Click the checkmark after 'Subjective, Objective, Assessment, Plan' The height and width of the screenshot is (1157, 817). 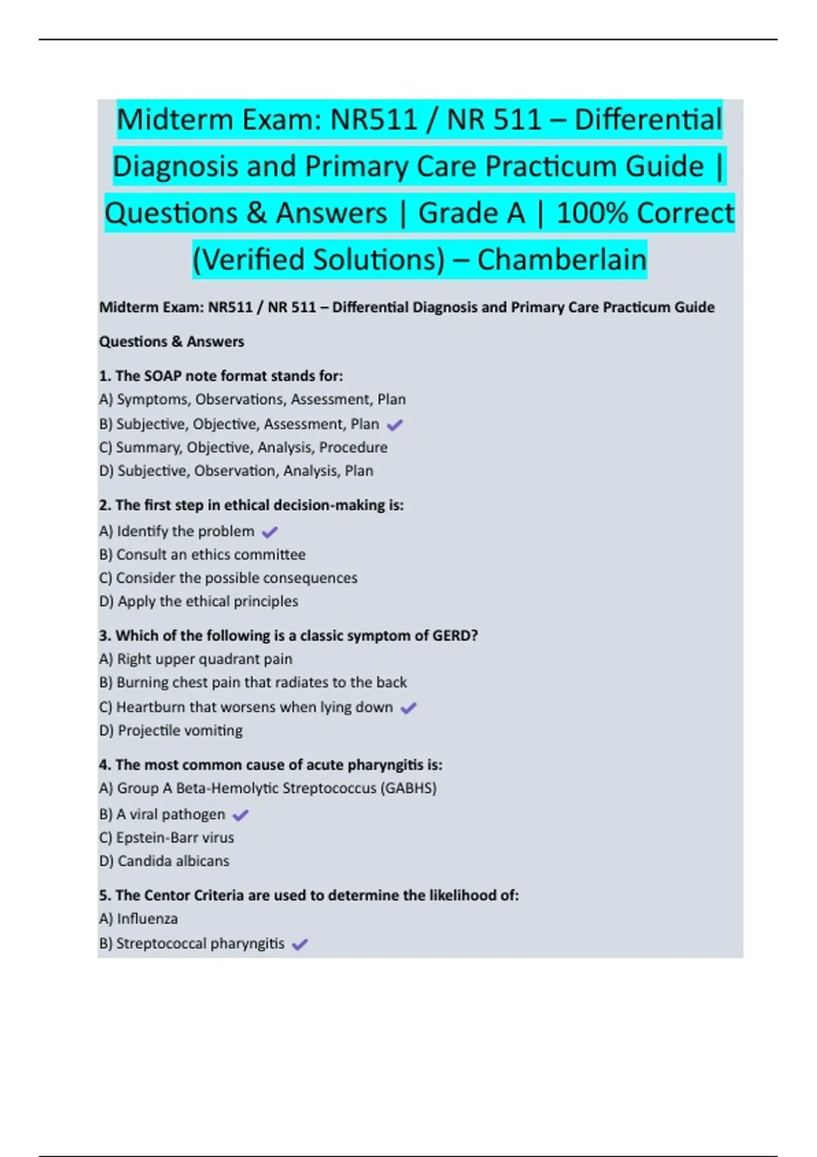coord(395,425)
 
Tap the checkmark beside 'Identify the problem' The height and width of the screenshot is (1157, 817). coord(270,532)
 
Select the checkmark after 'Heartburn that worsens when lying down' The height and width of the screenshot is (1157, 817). coord(408,708)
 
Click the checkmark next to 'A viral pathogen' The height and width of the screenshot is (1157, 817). coord(241,815)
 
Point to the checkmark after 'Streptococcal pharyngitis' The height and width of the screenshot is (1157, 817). coord(300,945)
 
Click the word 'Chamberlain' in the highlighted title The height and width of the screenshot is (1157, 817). coord(562,260)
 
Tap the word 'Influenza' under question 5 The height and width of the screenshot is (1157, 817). coord(147,919)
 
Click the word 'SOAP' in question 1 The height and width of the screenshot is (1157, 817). coord(163,376)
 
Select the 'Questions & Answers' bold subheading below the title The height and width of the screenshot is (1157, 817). coord(172,342)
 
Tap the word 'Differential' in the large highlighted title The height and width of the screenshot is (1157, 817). coord(647,120)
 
